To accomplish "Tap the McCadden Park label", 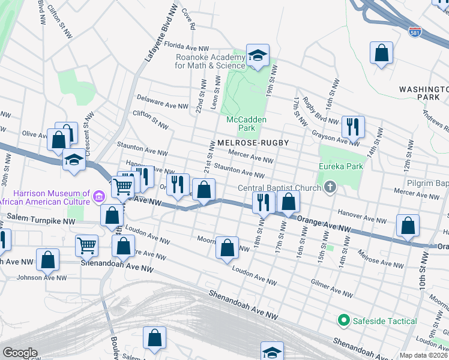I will click(x=246, y=124).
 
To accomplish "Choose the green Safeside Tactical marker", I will click(x=343, y=321).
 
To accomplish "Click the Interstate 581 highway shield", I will click(x=415, y=32).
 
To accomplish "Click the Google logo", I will click(x=20, y=352).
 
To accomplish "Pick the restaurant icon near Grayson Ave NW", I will click(x=352, y=126).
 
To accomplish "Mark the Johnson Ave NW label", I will click(x=41, y=277).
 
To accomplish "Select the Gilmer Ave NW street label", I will click(x=331, y=287).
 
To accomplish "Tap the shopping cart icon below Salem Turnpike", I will click(x=87, y=245).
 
